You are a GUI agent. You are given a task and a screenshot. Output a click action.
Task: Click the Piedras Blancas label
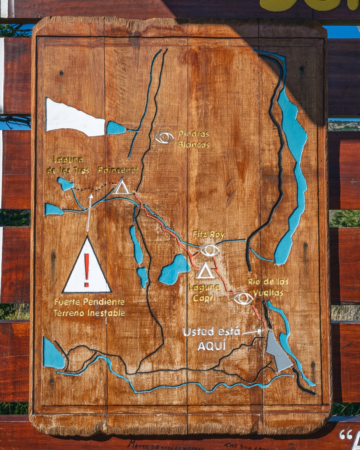tap(193, 139)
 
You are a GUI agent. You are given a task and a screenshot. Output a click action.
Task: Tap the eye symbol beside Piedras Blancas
tap(164, 137)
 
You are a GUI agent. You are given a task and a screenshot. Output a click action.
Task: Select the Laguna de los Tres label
tap(67, 165)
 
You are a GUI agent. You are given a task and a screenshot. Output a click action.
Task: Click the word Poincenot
tap(118, 170)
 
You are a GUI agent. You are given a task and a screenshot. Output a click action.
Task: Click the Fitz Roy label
tap(208, 235)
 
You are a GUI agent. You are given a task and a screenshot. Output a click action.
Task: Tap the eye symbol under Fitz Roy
tap(210, 250)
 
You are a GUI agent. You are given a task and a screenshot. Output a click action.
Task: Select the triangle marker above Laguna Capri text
tap(205, 271)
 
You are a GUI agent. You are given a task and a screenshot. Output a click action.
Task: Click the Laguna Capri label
tap(204, 292)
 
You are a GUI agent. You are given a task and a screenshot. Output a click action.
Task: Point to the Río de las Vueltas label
tap(268, 287)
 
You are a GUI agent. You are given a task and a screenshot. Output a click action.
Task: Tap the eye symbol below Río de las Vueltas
tap(243, 298)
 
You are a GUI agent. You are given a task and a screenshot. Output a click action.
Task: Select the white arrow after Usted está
tap(252, 332)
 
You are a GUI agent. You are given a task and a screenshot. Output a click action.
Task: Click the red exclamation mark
tap(87, 265)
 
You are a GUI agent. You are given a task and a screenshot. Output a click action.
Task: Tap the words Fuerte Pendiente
tap(89, 302)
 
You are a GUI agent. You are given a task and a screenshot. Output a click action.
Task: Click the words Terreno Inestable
tap(89, 313)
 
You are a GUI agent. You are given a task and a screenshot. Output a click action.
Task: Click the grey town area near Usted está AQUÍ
tap(277, 352)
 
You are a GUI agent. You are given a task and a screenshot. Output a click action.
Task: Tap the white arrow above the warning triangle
tap(89, 212)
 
